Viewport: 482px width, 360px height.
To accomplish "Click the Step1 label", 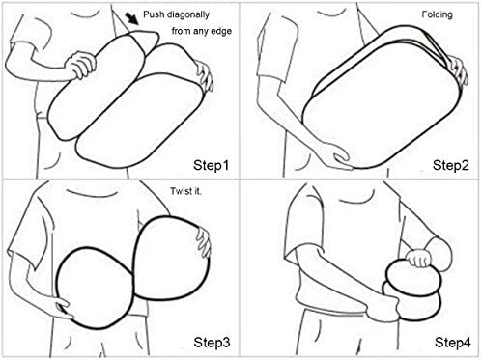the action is click(x=212, y=165).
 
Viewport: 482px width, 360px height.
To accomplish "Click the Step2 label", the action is click(x=451, y=165).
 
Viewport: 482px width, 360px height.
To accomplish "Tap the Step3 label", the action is click(x=212, y=343).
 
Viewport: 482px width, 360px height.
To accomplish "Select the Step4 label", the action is click(x=452, y=343).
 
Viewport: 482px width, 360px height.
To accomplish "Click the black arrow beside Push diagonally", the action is click(x=132, y=18).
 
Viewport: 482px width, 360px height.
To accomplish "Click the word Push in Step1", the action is click(x=154, y=14).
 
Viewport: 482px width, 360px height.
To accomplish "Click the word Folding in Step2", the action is click(x=437, y=14).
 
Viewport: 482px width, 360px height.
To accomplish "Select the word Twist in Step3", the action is click(x=178, y=191).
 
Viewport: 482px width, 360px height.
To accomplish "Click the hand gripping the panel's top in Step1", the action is click(x=81, y=65).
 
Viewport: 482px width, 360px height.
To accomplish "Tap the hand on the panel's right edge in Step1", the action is click(x=205, y=76).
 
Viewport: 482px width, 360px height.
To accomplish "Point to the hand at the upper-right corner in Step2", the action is click(x=458, y=69).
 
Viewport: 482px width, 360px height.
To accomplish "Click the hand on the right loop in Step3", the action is click(x=203, y=242).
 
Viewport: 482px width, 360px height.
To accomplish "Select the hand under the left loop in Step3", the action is click(x=63, y=308).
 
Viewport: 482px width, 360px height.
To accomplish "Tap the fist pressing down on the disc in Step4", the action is click(x=418, y=258).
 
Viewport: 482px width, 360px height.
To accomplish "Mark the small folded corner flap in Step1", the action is click(x=146, y=42).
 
